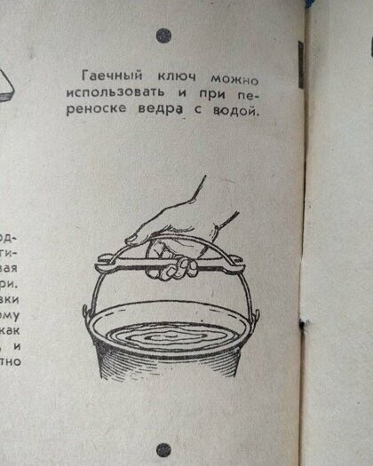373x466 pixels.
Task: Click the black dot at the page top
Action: (163, 36)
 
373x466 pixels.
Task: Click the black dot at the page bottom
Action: (163, 450)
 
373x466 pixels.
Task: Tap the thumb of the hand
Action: (142, 235)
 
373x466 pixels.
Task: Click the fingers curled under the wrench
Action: (174, 269)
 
